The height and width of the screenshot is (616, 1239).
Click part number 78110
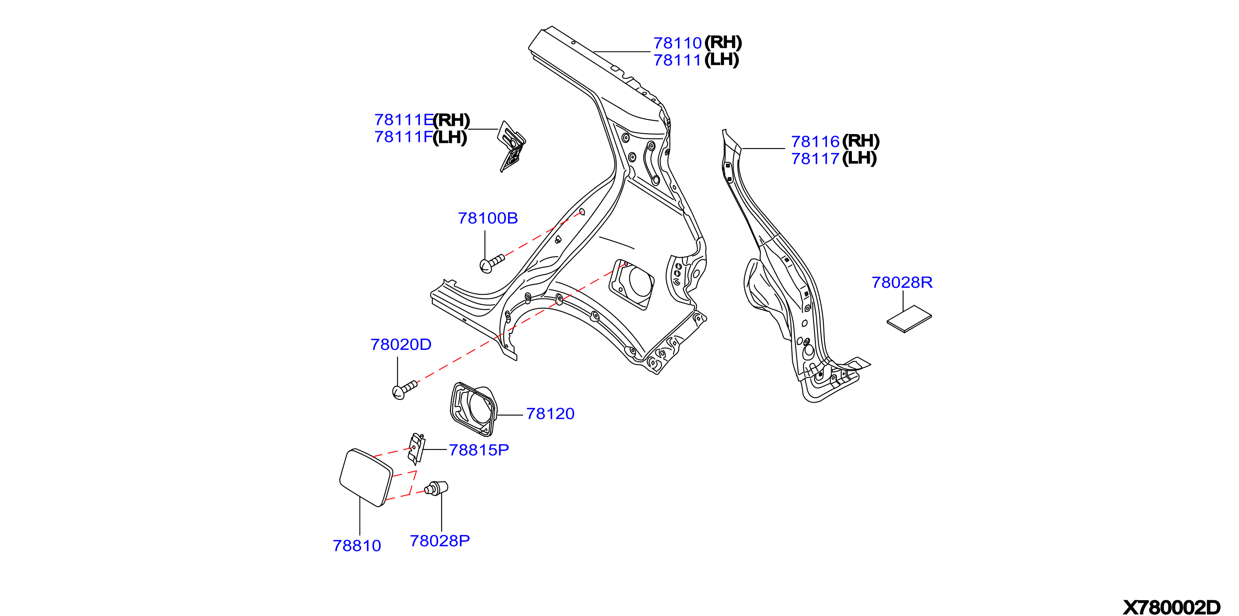(x=677, y=43)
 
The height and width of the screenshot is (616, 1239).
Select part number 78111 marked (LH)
(x=677, y=61)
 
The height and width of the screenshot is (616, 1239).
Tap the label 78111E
(x=404, y=120)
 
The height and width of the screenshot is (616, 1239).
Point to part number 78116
(x=815, y=142)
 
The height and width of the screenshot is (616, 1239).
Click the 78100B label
(x=488, y=218)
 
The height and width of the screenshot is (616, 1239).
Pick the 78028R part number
(x=902, y=283)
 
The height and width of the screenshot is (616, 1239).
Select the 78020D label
(x=401, y=345)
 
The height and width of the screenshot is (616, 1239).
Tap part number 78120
(x=550, y=414)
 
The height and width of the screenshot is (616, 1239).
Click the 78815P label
(x=478, y=450)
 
